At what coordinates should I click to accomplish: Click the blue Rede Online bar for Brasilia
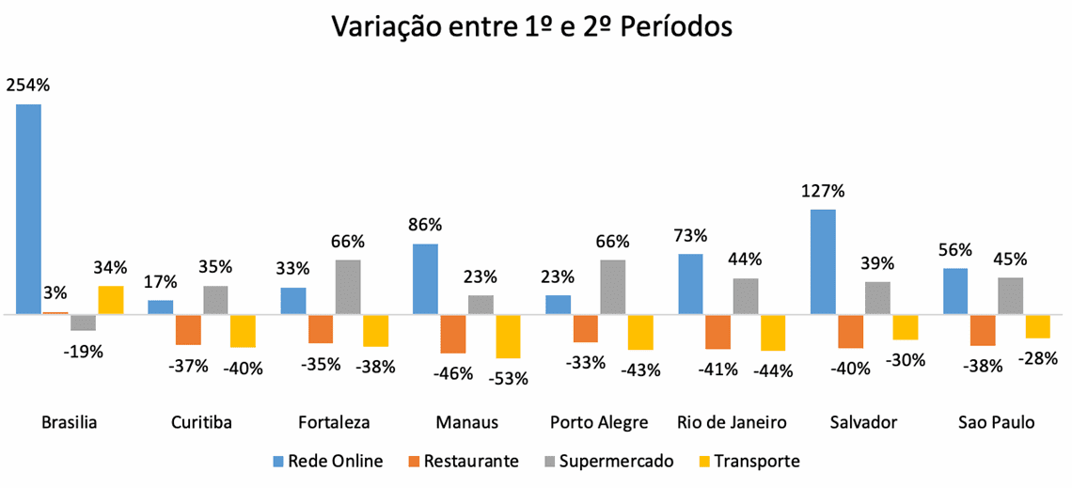[28, 208]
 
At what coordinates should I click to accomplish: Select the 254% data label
[28, 85]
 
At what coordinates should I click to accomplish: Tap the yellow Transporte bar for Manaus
[509, 336]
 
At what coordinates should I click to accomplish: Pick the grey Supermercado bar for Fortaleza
[349, 287]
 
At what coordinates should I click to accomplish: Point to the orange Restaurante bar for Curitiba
[188, 330]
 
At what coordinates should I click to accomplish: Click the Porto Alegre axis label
[599, 423]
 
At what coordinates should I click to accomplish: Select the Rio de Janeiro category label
[732, 423]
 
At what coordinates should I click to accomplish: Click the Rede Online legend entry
[335, 461]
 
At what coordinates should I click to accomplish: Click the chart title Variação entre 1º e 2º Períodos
[532, 28]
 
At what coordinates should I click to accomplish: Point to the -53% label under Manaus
[508, 379]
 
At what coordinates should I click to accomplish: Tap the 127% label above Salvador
[823, 191]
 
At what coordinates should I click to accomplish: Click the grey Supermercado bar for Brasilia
[84, 323]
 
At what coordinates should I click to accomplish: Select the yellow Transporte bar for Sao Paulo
[1038, 326]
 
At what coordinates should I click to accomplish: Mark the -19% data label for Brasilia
[84, 352]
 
